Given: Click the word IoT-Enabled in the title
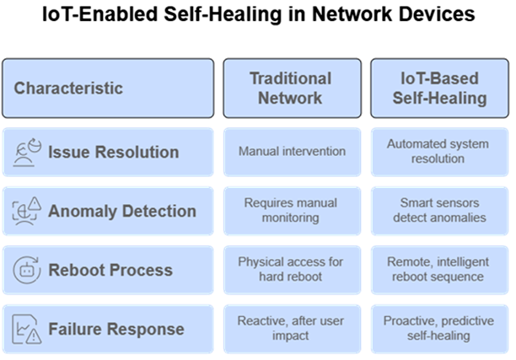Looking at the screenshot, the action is [x=100, y=14].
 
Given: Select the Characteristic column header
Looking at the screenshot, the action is [x=108, y=89].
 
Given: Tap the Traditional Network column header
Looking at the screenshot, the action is [x=293, y=89].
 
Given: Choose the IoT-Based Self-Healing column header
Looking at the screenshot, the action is [x=439, y=89].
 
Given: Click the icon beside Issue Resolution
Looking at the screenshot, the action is [x=27, y=153].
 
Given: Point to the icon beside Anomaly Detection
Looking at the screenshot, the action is [x=27, y=211].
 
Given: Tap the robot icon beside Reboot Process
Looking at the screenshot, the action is [x=27, y=270].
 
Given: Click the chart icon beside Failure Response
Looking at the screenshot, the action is [x=27, y=329].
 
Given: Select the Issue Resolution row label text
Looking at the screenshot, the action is [x=114, y=153].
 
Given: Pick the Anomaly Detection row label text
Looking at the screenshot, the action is [x=122, y=212].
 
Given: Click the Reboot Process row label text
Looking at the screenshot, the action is [x=110, y=270].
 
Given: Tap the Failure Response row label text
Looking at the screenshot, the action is [x=116, y=329].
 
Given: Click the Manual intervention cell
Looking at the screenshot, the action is [x=293, y=152].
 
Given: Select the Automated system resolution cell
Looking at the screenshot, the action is [x=439, y=152].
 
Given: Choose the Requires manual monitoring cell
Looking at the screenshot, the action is [x=293, y=211].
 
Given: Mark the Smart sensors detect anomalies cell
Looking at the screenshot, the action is [x=439, y=211].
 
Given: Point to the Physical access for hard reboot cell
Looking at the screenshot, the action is [x=293, y=270].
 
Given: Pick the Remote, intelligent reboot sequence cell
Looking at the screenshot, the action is [x=439, y=270].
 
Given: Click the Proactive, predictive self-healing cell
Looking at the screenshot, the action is [x=439, y=329].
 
